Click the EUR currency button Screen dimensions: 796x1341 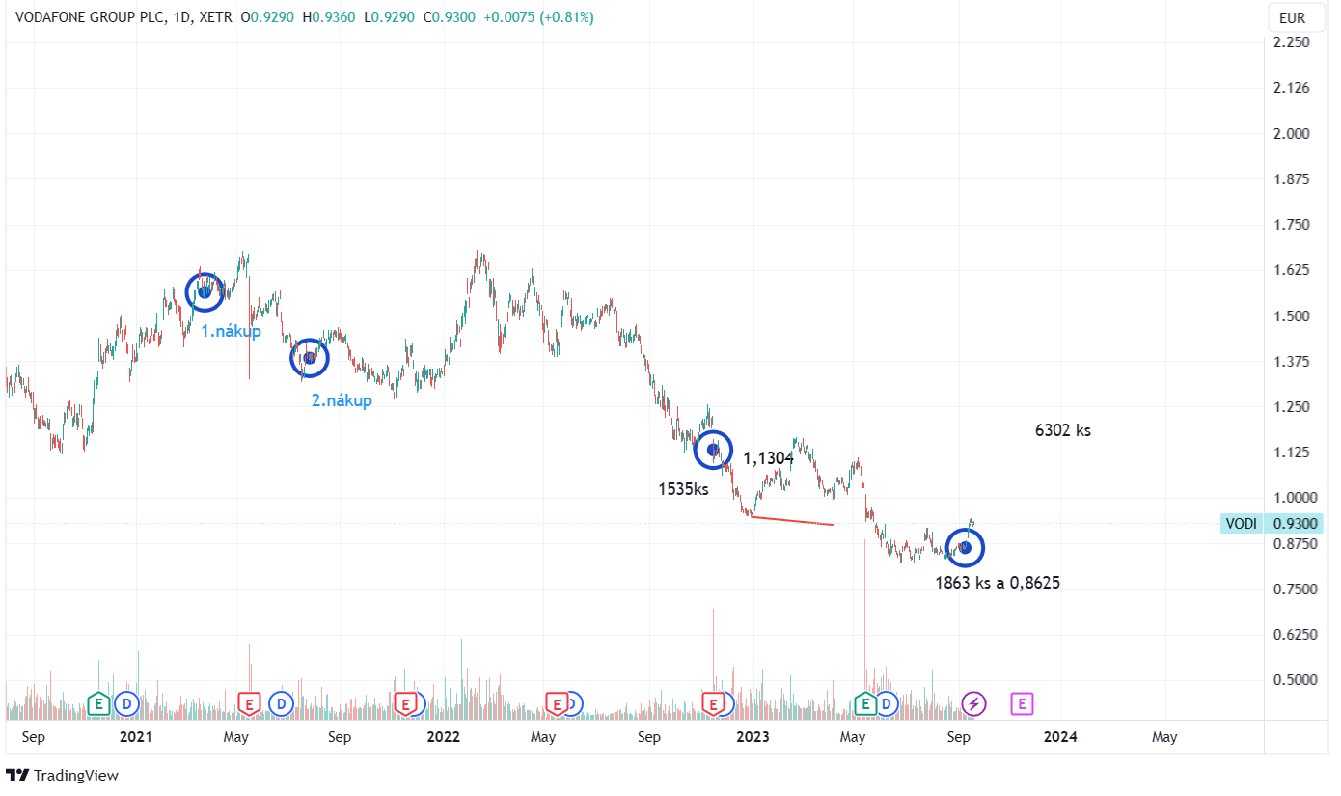(x=1292, y=17)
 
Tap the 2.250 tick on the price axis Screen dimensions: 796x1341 (x=1293, y=42)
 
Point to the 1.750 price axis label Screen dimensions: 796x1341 (x=1293, y=225)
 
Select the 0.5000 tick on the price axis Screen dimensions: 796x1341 (x=1293, y=680)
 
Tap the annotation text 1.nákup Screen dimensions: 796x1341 (x=231, y=331)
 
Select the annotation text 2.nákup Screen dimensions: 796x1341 (x=342, y=400)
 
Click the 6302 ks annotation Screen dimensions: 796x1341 (x=1062, y=430)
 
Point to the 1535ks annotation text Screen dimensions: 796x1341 (x=683, y=489)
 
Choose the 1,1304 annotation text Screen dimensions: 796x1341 (x=768, y=458)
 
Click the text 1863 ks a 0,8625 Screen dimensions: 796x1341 (x=998, y=583)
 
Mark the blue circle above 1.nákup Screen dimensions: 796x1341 (x=205, y=291)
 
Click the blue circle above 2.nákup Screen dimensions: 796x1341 (x=310, y=358)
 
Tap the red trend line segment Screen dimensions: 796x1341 (x=791, y=521)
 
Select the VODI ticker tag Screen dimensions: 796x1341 (x=1241, y=523)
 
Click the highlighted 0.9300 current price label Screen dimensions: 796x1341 (x=1293, y=523)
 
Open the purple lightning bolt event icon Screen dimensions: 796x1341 (x=973, y=704)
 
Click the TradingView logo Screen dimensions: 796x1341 (x=62, y=775)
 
